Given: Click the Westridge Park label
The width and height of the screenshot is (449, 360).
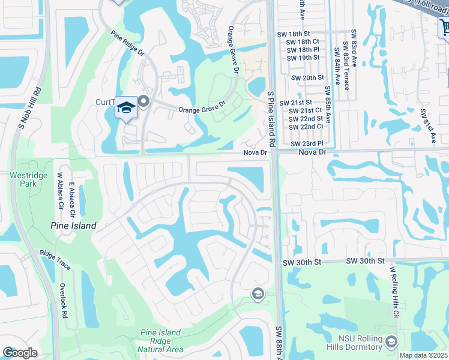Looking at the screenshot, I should tap(23, 179).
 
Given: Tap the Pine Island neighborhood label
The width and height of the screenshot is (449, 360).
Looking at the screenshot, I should tap(73, 226).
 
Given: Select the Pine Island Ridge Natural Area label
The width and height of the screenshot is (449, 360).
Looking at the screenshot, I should tap(160, 341).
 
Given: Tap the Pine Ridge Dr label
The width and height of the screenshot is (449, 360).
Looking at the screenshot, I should tap(128, 43).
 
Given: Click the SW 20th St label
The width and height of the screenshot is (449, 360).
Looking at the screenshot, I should tap(307, 78).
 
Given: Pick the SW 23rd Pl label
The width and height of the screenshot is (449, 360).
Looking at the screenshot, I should tap(307, 143).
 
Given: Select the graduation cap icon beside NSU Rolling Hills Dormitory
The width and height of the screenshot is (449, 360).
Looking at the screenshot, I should tap(391, 341).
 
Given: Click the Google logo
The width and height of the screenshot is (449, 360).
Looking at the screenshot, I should tap(20, 353).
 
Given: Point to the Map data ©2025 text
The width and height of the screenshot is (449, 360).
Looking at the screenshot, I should tap(423, 355).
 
